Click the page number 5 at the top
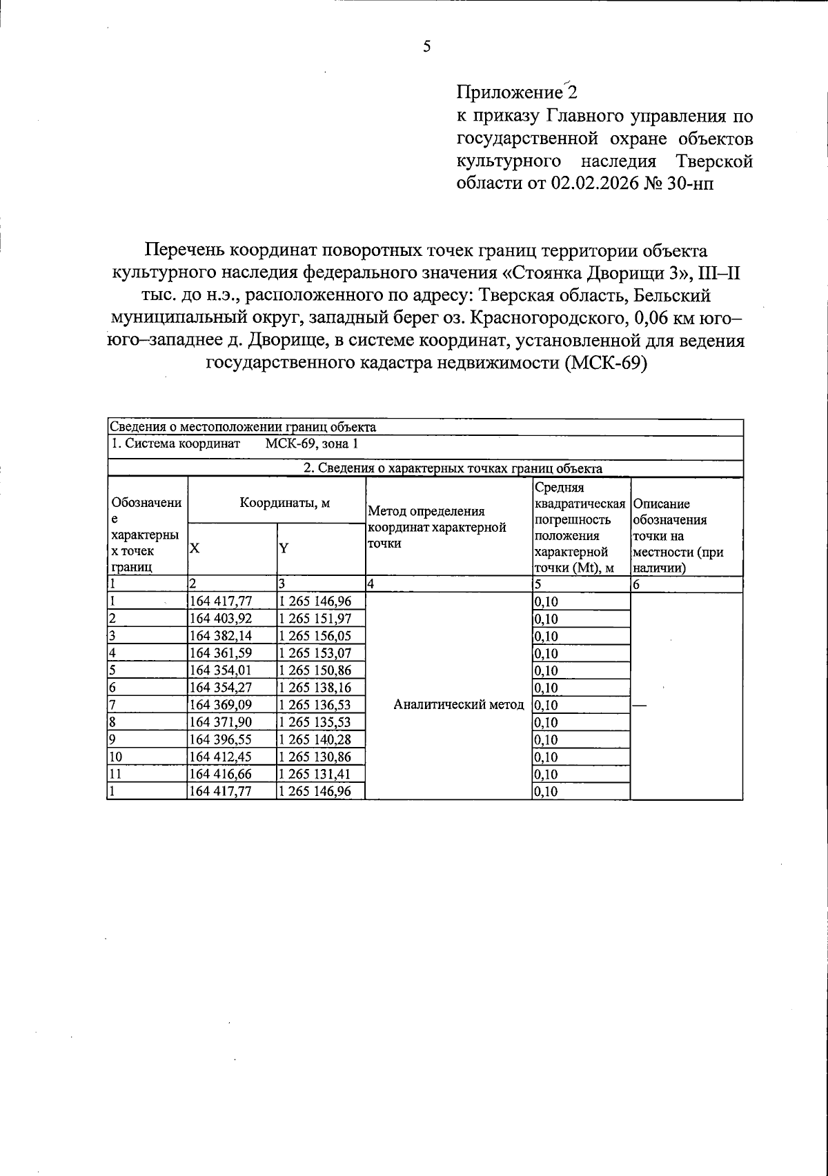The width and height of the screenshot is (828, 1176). [426, 47]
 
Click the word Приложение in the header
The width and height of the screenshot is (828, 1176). [510, 92]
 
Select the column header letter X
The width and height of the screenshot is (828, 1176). [195, 548]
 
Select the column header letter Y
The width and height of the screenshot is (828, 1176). [284, 548]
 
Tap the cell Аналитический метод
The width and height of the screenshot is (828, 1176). [458, 705]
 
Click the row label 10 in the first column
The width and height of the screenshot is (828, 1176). [116, 757]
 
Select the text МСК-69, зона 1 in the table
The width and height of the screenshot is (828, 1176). [311, 444]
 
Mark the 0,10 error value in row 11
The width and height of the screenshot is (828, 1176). [546, 774]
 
